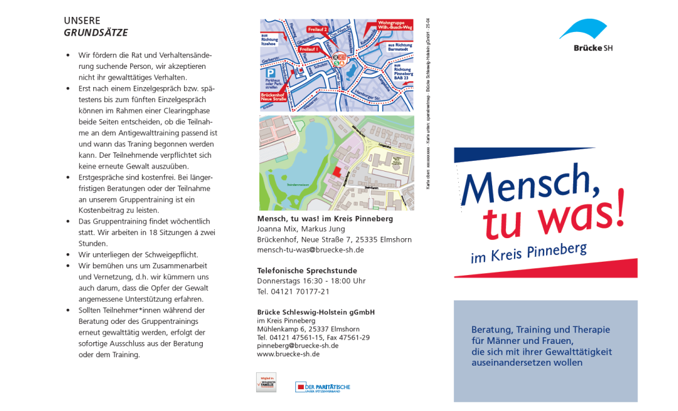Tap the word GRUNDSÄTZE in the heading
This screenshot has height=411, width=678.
(x=96, y=33)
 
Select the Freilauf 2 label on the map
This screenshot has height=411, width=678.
(x=318, y=29)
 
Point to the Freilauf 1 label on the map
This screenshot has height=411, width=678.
(x=309, y=48)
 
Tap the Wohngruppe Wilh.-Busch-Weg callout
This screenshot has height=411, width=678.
(x=394, y=25)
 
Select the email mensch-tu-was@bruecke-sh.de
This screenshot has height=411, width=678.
(x=311, y=250)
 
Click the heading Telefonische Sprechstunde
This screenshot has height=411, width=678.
(x=307, y=270)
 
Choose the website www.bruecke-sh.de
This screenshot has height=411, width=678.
(x=288, y=354)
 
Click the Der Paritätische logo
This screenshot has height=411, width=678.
(x=323, y=387)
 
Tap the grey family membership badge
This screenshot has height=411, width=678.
(x=266, y=383)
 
